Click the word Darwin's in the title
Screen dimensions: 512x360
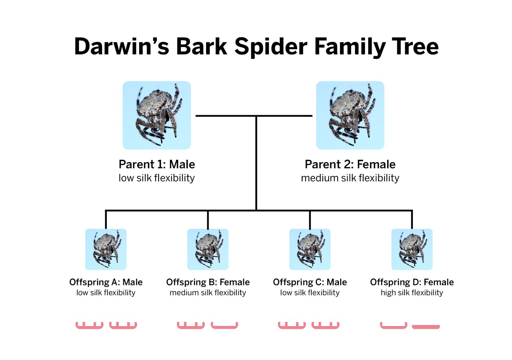(122, 46)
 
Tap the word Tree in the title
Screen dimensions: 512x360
(415, 46)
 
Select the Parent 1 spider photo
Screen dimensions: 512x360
(157, 115)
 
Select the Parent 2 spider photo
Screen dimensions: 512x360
(350, 115)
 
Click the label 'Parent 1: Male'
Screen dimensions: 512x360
(157, 164)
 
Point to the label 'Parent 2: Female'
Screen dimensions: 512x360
(350, 164)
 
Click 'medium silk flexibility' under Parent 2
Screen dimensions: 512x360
(350, 178)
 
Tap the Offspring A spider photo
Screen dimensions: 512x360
(106, 249)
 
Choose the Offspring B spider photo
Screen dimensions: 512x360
(208, 249)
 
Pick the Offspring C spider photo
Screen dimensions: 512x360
(310, 249)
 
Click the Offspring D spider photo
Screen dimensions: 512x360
(412, 249)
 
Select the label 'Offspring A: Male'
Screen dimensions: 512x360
(106, 282)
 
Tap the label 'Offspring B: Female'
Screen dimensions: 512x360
(208, 282)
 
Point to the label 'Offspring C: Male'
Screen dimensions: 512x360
(310, 282)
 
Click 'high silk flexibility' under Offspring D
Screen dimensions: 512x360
(412, 293)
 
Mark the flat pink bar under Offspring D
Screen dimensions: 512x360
(426, 327)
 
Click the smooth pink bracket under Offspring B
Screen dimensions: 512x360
(224, 327)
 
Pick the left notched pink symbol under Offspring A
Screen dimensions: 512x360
(89, 328)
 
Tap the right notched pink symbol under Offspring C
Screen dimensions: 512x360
(325, 328)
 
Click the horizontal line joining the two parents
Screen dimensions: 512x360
(254, 116)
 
